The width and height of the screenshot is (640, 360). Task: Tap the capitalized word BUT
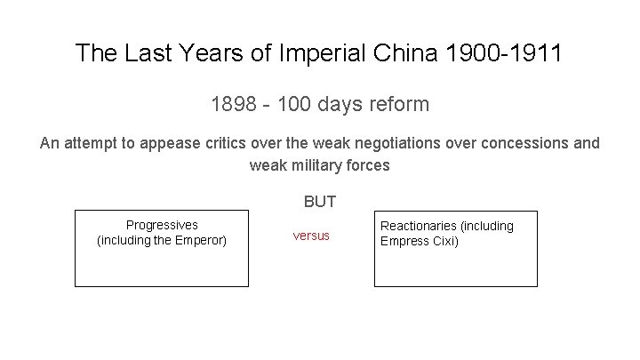[x=320, y=202]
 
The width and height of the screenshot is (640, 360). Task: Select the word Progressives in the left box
[x=162, y=225]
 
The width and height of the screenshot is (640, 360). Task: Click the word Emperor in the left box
[x=200, y=240]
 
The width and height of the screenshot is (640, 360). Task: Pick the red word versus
[x=311, y=236]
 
